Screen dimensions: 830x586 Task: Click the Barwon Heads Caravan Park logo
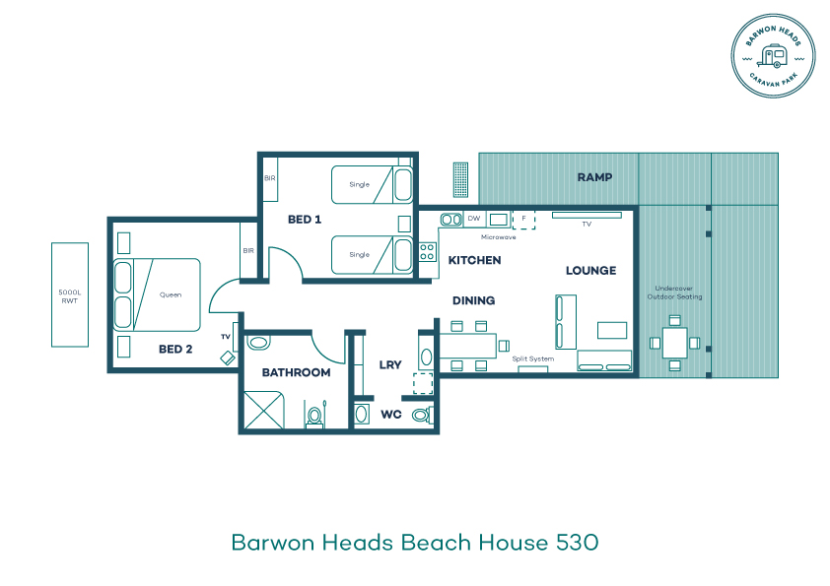(773, 55)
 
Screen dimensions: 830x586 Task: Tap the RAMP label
(594, 177)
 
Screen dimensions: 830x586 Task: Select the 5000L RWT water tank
(70, 295)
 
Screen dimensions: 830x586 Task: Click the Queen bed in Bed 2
(157, 294)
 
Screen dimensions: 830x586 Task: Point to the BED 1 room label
(305, 219)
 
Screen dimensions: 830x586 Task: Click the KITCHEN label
(474, 260)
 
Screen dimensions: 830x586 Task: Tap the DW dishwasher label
(474, 219)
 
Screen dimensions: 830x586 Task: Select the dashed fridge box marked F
(524, 220)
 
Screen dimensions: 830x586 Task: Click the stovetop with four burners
(428, 252)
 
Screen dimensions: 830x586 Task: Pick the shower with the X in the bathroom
(263, 410)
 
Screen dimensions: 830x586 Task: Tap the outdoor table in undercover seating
(675, 343)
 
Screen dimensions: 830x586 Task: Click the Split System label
(533, 358)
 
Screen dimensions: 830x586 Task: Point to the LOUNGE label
(590, 271)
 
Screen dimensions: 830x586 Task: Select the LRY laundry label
(390, 365)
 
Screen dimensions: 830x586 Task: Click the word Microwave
(498, 237)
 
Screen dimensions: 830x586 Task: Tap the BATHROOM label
(296, 373)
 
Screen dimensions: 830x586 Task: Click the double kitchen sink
(451, 219)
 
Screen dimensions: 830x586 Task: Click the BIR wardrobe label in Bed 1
(270, 178)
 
